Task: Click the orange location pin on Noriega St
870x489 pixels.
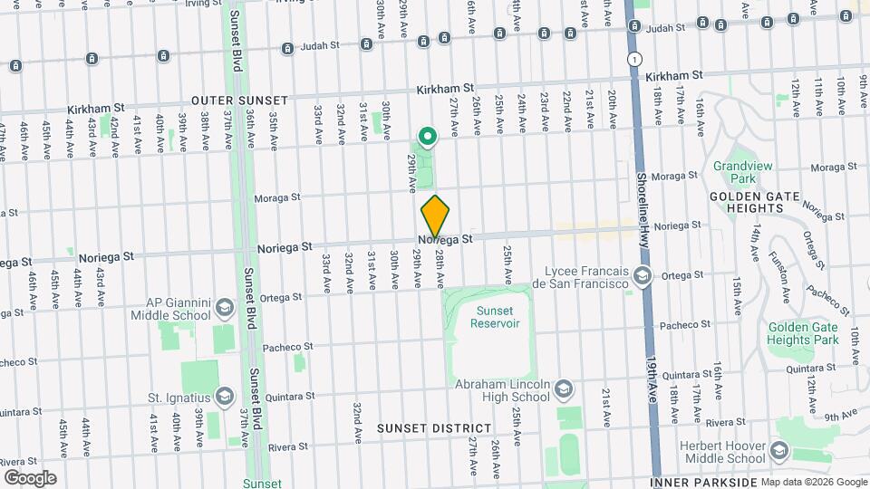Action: [435, 216]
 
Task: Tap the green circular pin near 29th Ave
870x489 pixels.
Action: [426, 138]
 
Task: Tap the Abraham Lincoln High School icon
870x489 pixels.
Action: [564, 388]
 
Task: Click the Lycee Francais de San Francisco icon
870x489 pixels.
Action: [643, 276]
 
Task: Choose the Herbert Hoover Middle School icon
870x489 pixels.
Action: [778, 450]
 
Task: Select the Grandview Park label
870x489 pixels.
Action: [741, 172]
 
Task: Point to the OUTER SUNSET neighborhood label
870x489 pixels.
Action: [239, 101]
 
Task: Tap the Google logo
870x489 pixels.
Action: [29, 477]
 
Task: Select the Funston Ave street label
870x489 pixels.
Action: [781, 270]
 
